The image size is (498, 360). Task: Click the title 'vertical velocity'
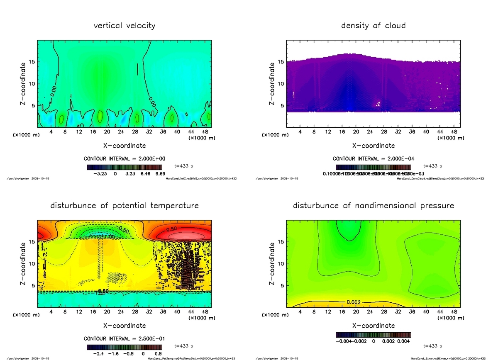coord(124,26)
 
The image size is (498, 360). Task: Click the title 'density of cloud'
coord(373,26)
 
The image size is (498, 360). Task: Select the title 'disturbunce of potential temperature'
coord(124,205)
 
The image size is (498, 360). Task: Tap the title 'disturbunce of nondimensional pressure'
coord(373,205)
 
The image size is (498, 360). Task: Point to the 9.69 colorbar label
coord(160,174)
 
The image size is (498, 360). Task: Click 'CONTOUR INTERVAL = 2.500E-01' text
coord(124,338)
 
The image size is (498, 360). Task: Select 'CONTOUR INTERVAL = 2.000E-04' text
coord(373,159)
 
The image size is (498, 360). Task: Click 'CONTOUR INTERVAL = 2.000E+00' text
coord(124,159)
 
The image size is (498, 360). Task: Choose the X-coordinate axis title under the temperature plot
coord(124,325)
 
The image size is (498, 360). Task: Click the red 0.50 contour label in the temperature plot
coord(173,229)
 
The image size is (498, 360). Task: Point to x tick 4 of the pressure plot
coord(300,311)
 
